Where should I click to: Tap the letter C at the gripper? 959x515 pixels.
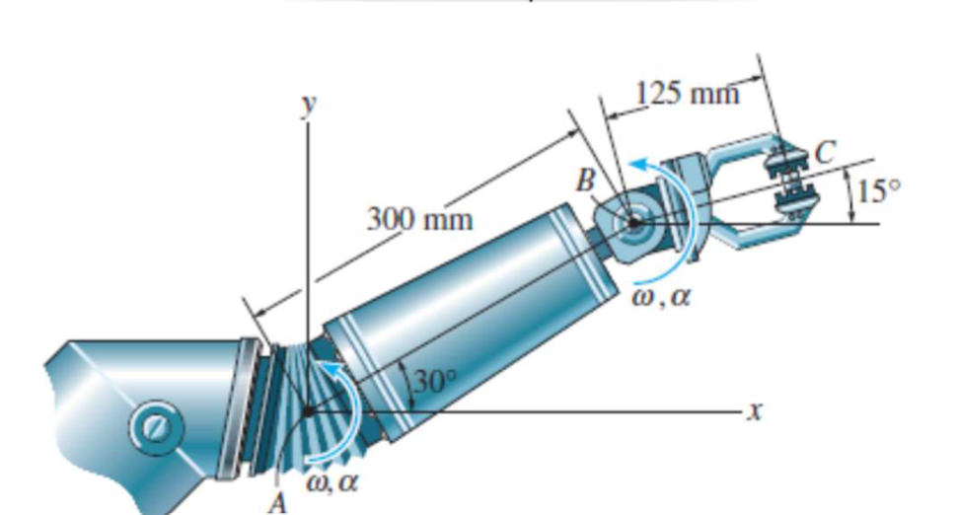tap(824, 150)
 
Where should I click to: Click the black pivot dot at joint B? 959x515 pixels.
tap(632, 224)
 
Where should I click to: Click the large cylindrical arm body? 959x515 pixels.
tap(464, 316)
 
